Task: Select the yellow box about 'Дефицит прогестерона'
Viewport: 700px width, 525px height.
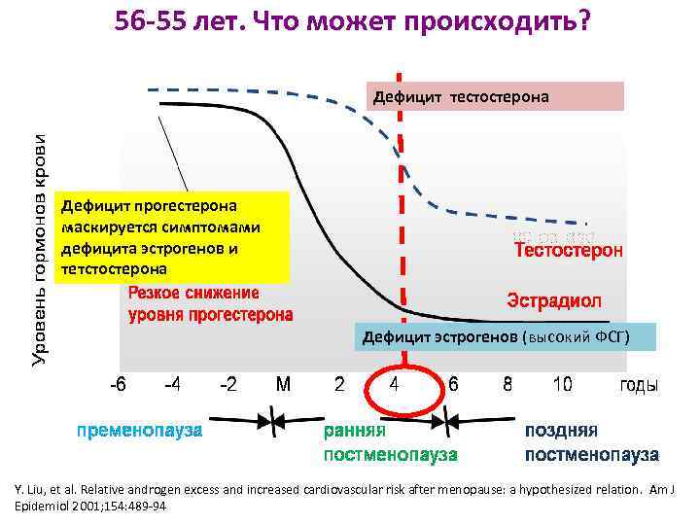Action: pyautogui.click(x=174, y=236)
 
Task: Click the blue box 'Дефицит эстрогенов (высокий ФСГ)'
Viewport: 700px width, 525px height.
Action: pyautogui.click(x=496, y=337)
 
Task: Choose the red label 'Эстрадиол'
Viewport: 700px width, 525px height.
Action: pyautogui.click(x=555, y=297)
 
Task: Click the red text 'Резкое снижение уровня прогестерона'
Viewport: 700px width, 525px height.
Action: pyautogui.click(x=210, y=303)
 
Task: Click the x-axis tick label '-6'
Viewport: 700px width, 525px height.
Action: pyautogui.click(x=116, y=385)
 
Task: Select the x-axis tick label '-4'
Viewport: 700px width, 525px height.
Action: pyautogui.click(x=171, y=385)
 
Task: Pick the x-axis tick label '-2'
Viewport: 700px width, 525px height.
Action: pyautogui.click(x=227, y=385)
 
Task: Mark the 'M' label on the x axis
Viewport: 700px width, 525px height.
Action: pyautogui.click(x=283, y=385)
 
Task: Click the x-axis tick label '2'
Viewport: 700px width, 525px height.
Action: pyautogui.click(x=339, y=385)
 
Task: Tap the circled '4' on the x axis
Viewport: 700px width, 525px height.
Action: pyautogui.click(x=394, y=385)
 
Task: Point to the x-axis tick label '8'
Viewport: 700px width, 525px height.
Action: pyautogui.click(x=507, y=385)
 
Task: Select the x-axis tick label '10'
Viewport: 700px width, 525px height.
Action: pyautogui.click(x=562, y=385)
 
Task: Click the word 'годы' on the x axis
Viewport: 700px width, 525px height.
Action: pyautogui.click(x=639, y=385)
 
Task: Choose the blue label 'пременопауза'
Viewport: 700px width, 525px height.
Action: pyautogui.click(x=140, y=430)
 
